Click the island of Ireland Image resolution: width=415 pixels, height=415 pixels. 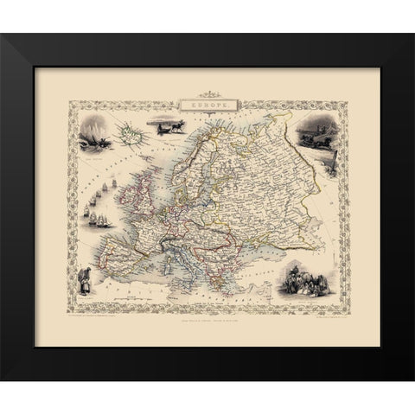coord(128,201)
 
